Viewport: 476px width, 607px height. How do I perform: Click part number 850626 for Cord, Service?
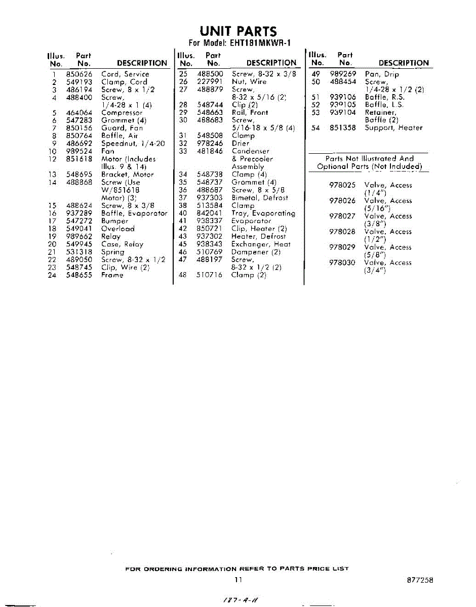coord(78,74)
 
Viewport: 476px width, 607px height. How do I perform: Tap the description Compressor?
coord(122,113)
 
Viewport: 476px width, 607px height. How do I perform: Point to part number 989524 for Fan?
coord(78,151)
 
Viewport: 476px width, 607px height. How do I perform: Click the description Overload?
coord(118,229)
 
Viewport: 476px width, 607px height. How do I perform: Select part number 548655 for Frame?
coord(78,275)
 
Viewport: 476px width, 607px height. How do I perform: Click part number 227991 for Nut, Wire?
coord(210,81)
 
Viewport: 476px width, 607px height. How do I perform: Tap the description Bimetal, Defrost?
coord(259,198)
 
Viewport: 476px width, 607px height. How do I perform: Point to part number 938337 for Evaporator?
coord(210,221)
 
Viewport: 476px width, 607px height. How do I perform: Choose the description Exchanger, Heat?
coord(261,244)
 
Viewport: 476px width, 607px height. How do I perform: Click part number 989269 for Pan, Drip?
coord(343,74)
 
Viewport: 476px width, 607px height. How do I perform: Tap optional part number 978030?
coord(342,263)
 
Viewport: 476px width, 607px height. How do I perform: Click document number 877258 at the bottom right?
coord(420,580)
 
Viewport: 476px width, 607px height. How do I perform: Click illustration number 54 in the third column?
coord(316,128)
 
